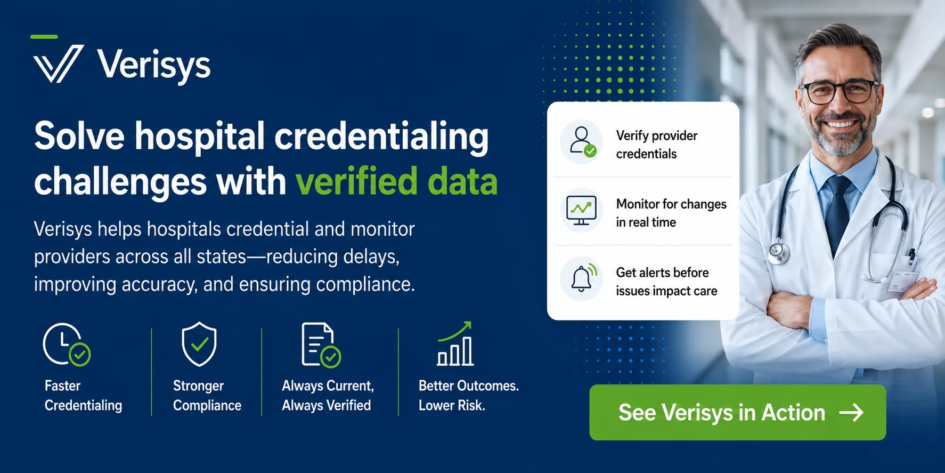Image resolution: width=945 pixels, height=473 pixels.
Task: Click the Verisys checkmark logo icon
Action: [x=58, y=63]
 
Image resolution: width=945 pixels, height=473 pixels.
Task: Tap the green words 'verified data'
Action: [x=396, y=181]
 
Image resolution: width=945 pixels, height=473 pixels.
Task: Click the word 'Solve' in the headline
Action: [x=79, y=136]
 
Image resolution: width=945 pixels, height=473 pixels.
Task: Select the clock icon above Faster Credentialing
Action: [x=67, y=344]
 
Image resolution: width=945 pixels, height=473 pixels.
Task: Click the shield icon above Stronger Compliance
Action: [x=199, y=344]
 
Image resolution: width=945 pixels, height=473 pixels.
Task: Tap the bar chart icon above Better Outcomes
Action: [x=455, y=344]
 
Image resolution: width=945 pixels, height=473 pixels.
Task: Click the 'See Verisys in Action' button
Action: [x=738, y=412]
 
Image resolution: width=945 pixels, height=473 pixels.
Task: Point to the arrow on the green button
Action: [x=851, y=412]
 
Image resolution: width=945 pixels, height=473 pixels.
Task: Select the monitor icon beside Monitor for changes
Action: [x=581, y=210]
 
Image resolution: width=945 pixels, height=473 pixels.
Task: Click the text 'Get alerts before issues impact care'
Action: [x=666, y=282]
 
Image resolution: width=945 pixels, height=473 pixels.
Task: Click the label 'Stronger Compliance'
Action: [x=207, y=396]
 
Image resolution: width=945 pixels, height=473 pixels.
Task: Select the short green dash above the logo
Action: [x=44, y=37]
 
